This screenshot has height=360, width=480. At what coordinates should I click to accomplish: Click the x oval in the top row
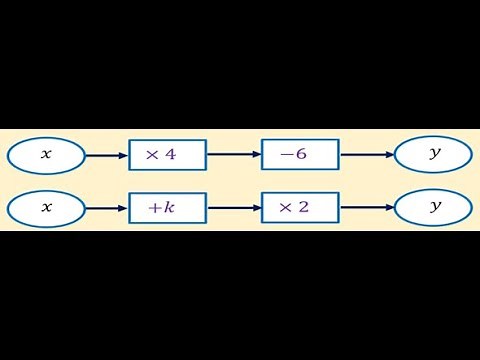(45, 155)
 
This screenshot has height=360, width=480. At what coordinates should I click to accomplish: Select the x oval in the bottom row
(45, 208)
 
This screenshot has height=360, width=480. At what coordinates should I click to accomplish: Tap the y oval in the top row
(434, 155)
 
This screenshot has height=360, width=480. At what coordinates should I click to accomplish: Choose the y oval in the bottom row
(434, 208)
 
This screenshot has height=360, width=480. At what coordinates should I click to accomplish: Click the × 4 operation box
(167, 155)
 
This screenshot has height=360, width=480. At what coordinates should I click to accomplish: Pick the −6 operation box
(300, 155)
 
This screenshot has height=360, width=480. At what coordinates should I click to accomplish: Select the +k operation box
(167, 208)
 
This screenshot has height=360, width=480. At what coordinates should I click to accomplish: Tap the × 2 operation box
(300, 208)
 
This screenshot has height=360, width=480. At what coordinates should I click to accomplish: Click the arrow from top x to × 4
(106, 155)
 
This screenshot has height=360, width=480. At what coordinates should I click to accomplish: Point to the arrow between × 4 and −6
(234, 155)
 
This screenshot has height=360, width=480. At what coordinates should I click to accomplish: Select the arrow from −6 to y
(367, 155)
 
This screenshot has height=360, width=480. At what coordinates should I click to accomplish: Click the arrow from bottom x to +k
(106, 208)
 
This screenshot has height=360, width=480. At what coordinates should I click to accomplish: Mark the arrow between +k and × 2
(234, 208)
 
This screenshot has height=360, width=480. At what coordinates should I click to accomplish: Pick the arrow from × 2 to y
(367, 208)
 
